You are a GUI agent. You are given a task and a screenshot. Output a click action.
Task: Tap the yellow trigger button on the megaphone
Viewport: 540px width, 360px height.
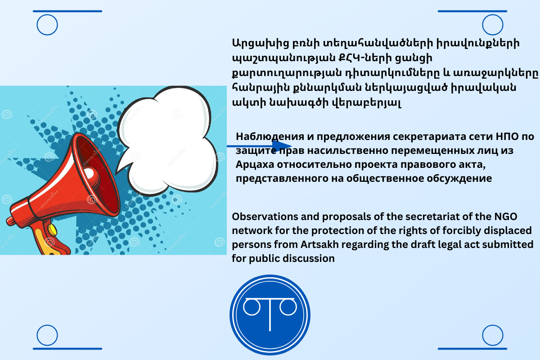pyautogui.click(x=52, y=230)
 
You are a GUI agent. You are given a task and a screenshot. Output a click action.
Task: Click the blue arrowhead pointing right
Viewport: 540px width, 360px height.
pyautogui.click(x=282, y=146)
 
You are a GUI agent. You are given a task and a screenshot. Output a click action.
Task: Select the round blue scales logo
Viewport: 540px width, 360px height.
pyautogui.click(x=270, y=315)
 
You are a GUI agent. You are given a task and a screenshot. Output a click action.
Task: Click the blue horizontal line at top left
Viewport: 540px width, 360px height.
pyautogui.click(x=67, y=11)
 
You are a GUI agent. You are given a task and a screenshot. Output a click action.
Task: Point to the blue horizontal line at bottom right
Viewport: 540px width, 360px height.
pyautogui.click(x=472, y=349)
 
